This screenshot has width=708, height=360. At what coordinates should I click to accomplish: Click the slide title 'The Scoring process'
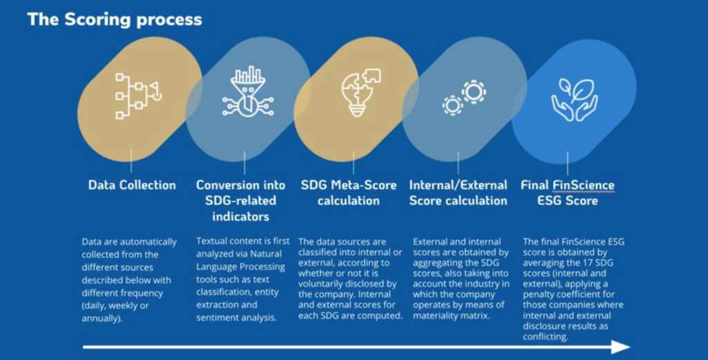[x=115, y=20]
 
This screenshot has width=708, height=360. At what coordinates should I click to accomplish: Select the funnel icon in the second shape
[x=248, y=92]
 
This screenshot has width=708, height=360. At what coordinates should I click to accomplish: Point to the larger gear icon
[x=474, y=92]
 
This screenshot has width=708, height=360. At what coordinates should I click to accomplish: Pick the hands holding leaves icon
[x=575, y=100]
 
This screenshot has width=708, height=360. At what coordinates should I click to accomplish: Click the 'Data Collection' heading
[x=132, y=185]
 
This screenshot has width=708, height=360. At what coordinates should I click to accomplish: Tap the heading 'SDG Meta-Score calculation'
[x=348, y=193]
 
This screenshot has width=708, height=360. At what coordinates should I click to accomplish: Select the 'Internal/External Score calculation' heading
[x=458, y=193]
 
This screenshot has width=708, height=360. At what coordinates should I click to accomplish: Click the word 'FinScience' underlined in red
[x=583, y=185]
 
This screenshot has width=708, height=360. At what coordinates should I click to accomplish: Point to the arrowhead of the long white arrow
[x=621, y=347]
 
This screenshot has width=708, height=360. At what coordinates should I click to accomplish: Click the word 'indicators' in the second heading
[x=241, y=216]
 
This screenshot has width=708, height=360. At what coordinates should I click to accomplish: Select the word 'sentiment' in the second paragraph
[x=214, y=318]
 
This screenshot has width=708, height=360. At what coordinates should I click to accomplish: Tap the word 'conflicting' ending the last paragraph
[x=546, y=337]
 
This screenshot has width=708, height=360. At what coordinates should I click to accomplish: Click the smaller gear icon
[x=452, y=105]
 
